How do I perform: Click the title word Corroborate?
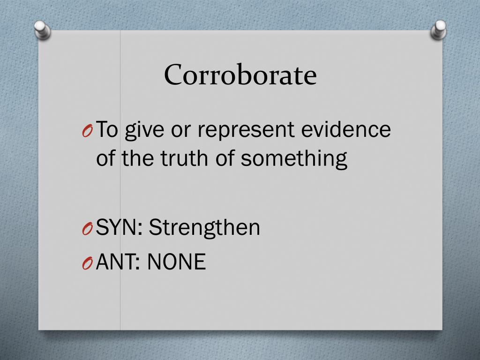pyautogui.click(x=240, y=75)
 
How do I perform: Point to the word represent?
pyautogui.click(x=247, y=130)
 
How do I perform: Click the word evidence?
pyautogui.click(x=345, y=129)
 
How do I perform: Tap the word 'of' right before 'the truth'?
pyautogui.click(x=105, y=158)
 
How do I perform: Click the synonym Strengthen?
pyautogui.click(x=204, y=228)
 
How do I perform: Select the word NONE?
pyautogui.click(x=176, y=262)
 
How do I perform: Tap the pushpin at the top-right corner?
pyautogui.click(x=439, y=30)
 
